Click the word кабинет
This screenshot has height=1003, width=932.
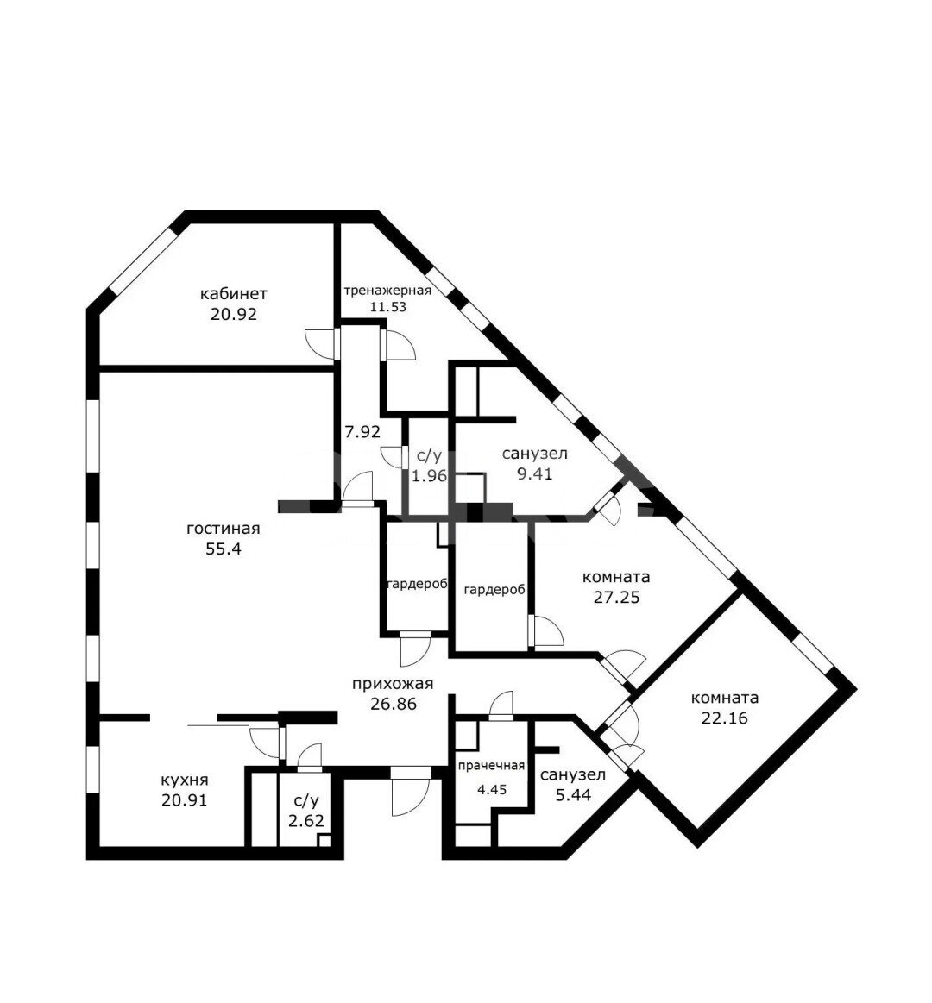click(x=234, y=294)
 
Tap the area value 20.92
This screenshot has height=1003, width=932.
click(x=234, y=314)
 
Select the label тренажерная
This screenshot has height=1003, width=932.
click(x=388, y=291)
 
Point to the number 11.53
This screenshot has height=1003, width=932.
click(x=388, y=306)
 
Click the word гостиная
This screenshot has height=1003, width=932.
click(x=224, y=529)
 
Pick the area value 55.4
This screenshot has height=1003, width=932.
click(x=224, y=549)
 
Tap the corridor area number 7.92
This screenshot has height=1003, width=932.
click(x=363, y=432)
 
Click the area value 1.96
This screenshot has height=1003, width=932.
click(x=429, y=476)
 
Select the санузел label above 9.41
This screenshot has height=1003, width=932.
click(x=534, y=454)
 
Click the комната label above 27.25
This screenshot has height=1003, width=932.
click(x=616, y=577)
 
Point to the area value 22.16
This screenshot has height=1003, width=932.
click(x=725, y=718)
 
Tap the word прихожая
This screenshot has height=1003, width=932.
click(x=393, y=684)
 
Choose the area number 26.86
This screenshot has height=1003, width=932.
click(x=393, y=704)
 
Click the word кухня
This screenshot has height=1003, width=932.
click(x=185, y=780)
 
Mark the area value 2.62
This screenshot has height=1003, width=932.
click(x=306, y=821)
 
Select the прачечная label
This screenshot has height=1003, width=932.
click(x=491, y=766)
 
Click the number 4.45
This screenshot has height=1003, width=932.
click(x=492, y=789)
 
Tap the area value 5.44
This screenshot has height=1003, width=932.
click(x=573, y=795)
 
